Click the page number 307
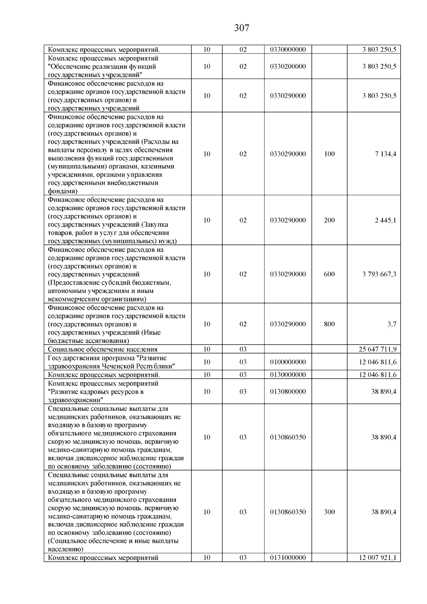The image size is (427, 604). point(242,28)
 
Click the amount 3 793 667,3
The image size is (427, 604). point(379,274)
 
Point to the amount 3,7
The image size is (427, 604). point(392,324)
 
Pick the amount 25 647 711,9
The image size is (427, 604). point(378,349)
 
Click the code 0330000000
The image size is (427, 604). point(288,49)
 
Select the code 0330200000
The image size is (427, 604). point(288,66)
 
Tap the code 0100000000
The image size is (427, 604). point(288,362)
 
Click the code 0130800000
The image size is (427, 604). point(288,392)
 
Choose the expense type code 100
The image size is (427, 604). point(330,154)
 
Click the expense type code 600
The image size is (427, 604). point(330,274)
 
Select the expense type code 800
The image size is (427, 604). point(330,324)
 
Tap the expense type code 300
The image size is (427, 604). point(330,512)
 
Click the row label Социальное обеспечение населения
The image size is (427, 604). point(102,349)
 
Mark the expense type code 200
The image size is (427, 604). point(330,220)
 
